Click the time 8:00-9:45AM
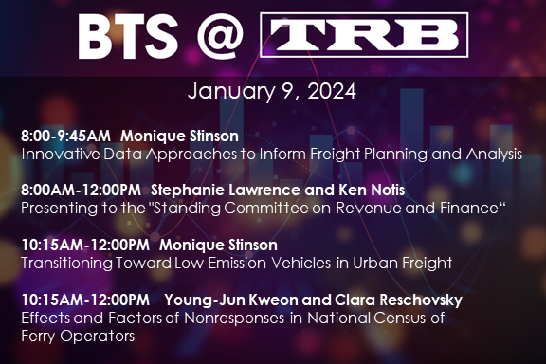(64, 136)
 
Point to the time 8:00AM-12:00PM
(78, 191)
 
